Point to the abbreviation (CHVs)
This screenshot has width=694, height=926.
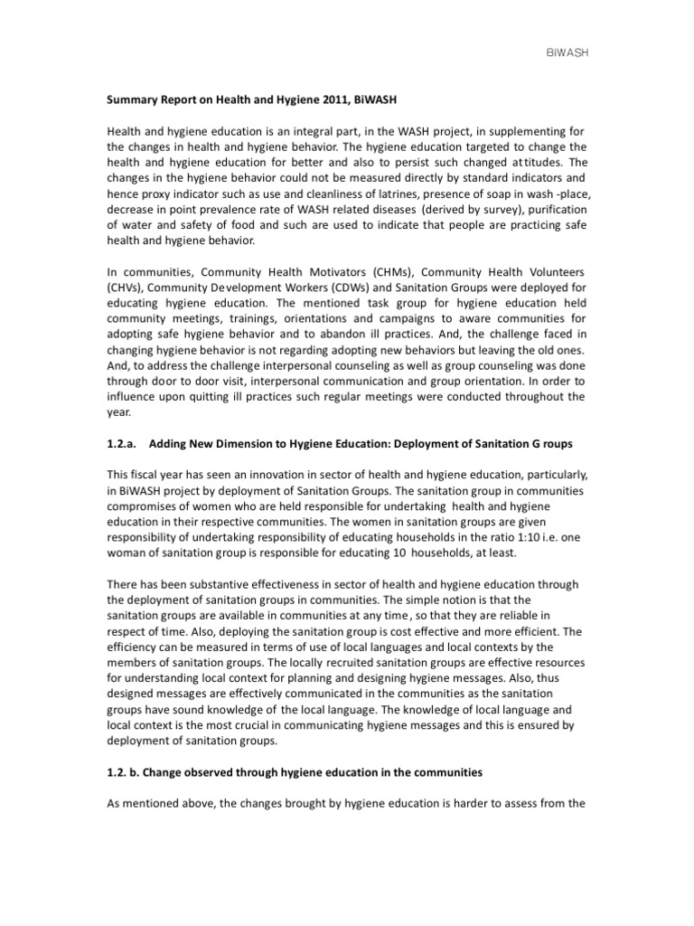point(127,288)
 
